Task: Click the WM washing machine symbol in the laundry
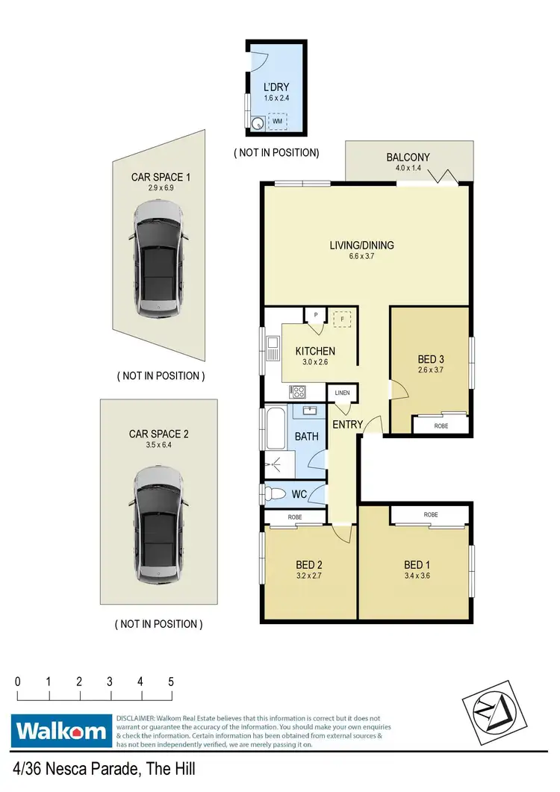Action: pos(277,120)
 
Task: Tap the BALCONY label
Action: pos(408,158)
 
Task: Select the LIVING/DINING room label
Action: pos(361,245)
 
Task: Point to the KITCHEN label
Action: pos(315,351)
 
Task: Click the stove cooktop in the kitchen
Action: pos(298,390)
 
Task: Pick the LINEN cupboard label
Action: pos(343,393)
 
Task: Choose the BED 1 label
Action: pos(417,565)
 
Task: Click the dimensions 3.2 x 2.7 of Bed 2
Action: pos(309,576)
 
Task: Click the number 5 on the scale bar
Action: pos(171,682)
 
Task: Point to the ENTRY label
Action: pos(348,425)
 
